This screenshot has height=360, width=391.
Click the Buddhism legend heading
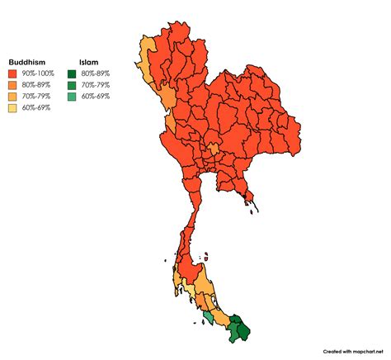[x=27, y=63]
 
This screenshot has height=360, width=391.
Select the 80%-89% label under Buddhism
[x=37, y=84]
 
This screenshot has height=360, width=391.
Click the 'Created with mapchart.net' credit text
[x=353, y=349]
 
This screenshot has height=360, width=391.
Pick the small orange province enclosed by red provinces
[x=213, y=150]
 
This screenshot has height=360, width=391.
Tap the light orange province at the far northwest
[x=148, y=56]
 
